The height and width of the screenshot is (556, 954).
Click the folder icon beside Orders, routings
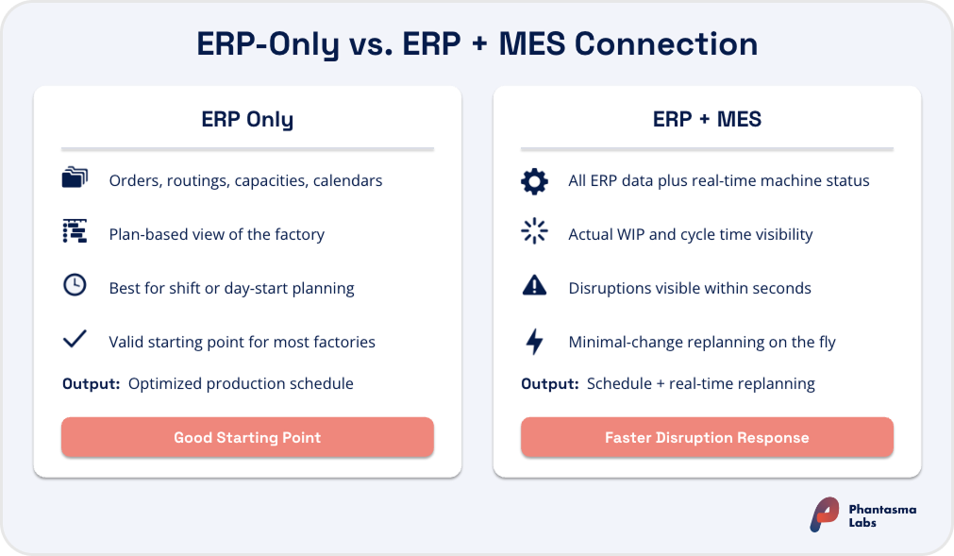tap(75, 179)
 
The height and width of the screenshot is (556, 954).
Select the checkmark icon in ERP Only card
tap(75, 340)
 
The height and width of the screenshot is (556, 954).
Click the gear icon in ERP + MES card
tap(534, 180)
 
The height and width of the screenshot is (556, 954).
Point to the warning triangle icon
tap(534, 287)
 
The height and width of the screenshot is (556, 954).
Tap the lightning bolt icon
tap(534, 342)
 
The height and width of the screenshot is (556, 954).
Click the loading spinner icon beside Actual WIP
tap(534, 233)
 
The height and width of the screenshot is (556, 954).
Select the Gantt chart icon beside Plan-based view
tap(75, 233)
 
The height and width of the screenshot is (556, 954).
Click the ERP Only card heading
tap(247, 120)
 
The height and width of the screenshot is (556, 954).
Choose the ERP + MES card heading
tap(707, 120)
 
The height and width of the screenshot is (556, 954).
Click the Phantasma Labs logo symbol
tap(824, 514)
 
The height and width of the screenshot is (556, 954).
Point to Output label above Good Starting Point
tap(91, 383)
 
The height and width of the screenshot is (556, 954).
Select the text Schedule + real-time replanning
tap(701, 383)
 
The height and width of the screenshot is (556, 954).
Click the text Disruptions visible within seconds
tap(690, 288)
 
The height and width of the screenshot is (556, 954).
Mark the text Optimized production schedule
tap(241, 383)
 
